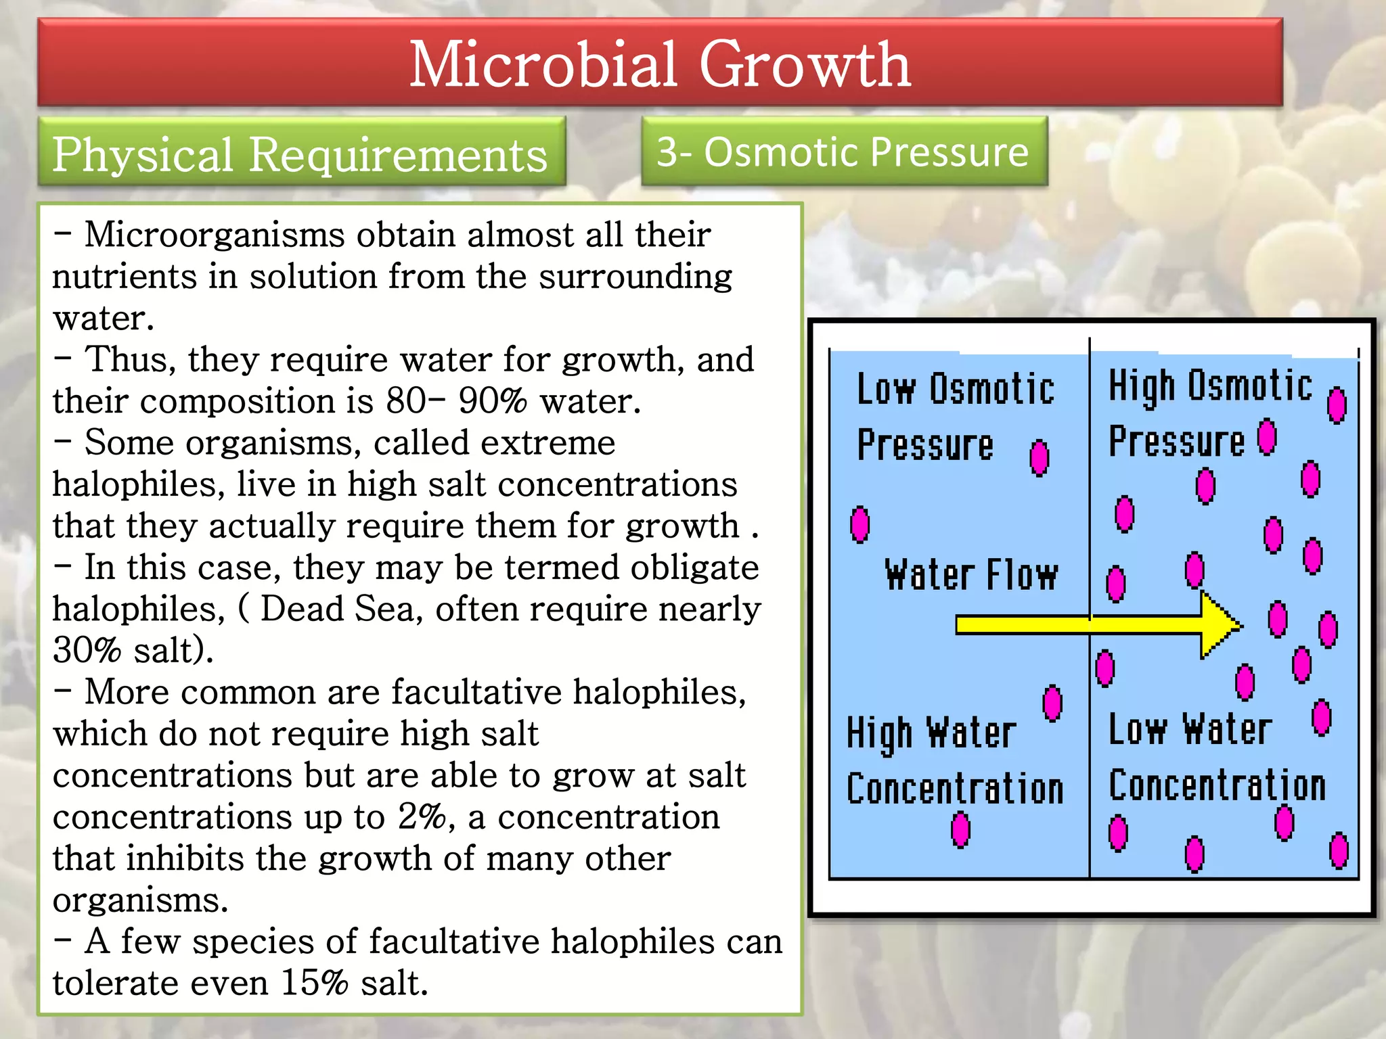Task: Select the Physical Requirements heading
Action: pyautogui.click(x=300, y=154)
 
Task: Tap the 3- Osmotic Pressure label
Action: pyautogui.click(x=843, y=152)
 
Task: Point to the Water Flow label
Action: pyautogui.click(x=970, y=576)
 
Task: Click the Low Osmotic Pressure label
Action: pyautogui.click(x=954, y=416)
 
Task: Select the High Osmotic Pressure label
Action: pyautogui.click(x=1210, y=413)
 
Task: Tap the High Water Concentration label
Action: pyautogui.click(x=954, y=761)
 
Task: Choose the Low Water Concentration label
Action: pyautogui.click(x=1216, y=758)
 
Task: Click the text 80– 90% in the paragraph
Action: pyautogui.click(x=456, y=401)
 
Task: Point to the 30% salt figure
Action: pyautogui.click(x=133, y=651)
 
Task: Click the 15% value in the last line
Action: pyautogui.click(x=314, y=983)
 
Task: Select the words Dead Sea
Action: pyautogui.click(x=337, y=609)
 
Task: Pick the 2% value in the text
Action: pyautogui.click(x=421, y=817)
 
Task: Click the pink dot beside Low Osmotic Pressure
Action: pyautogui.click(x=1039, y=458)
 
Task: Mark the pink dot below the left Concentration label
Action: pyautogui.click(x=960, y=830)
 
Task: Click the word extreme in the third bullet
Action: pyautogui.click(x=547, y=443)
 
